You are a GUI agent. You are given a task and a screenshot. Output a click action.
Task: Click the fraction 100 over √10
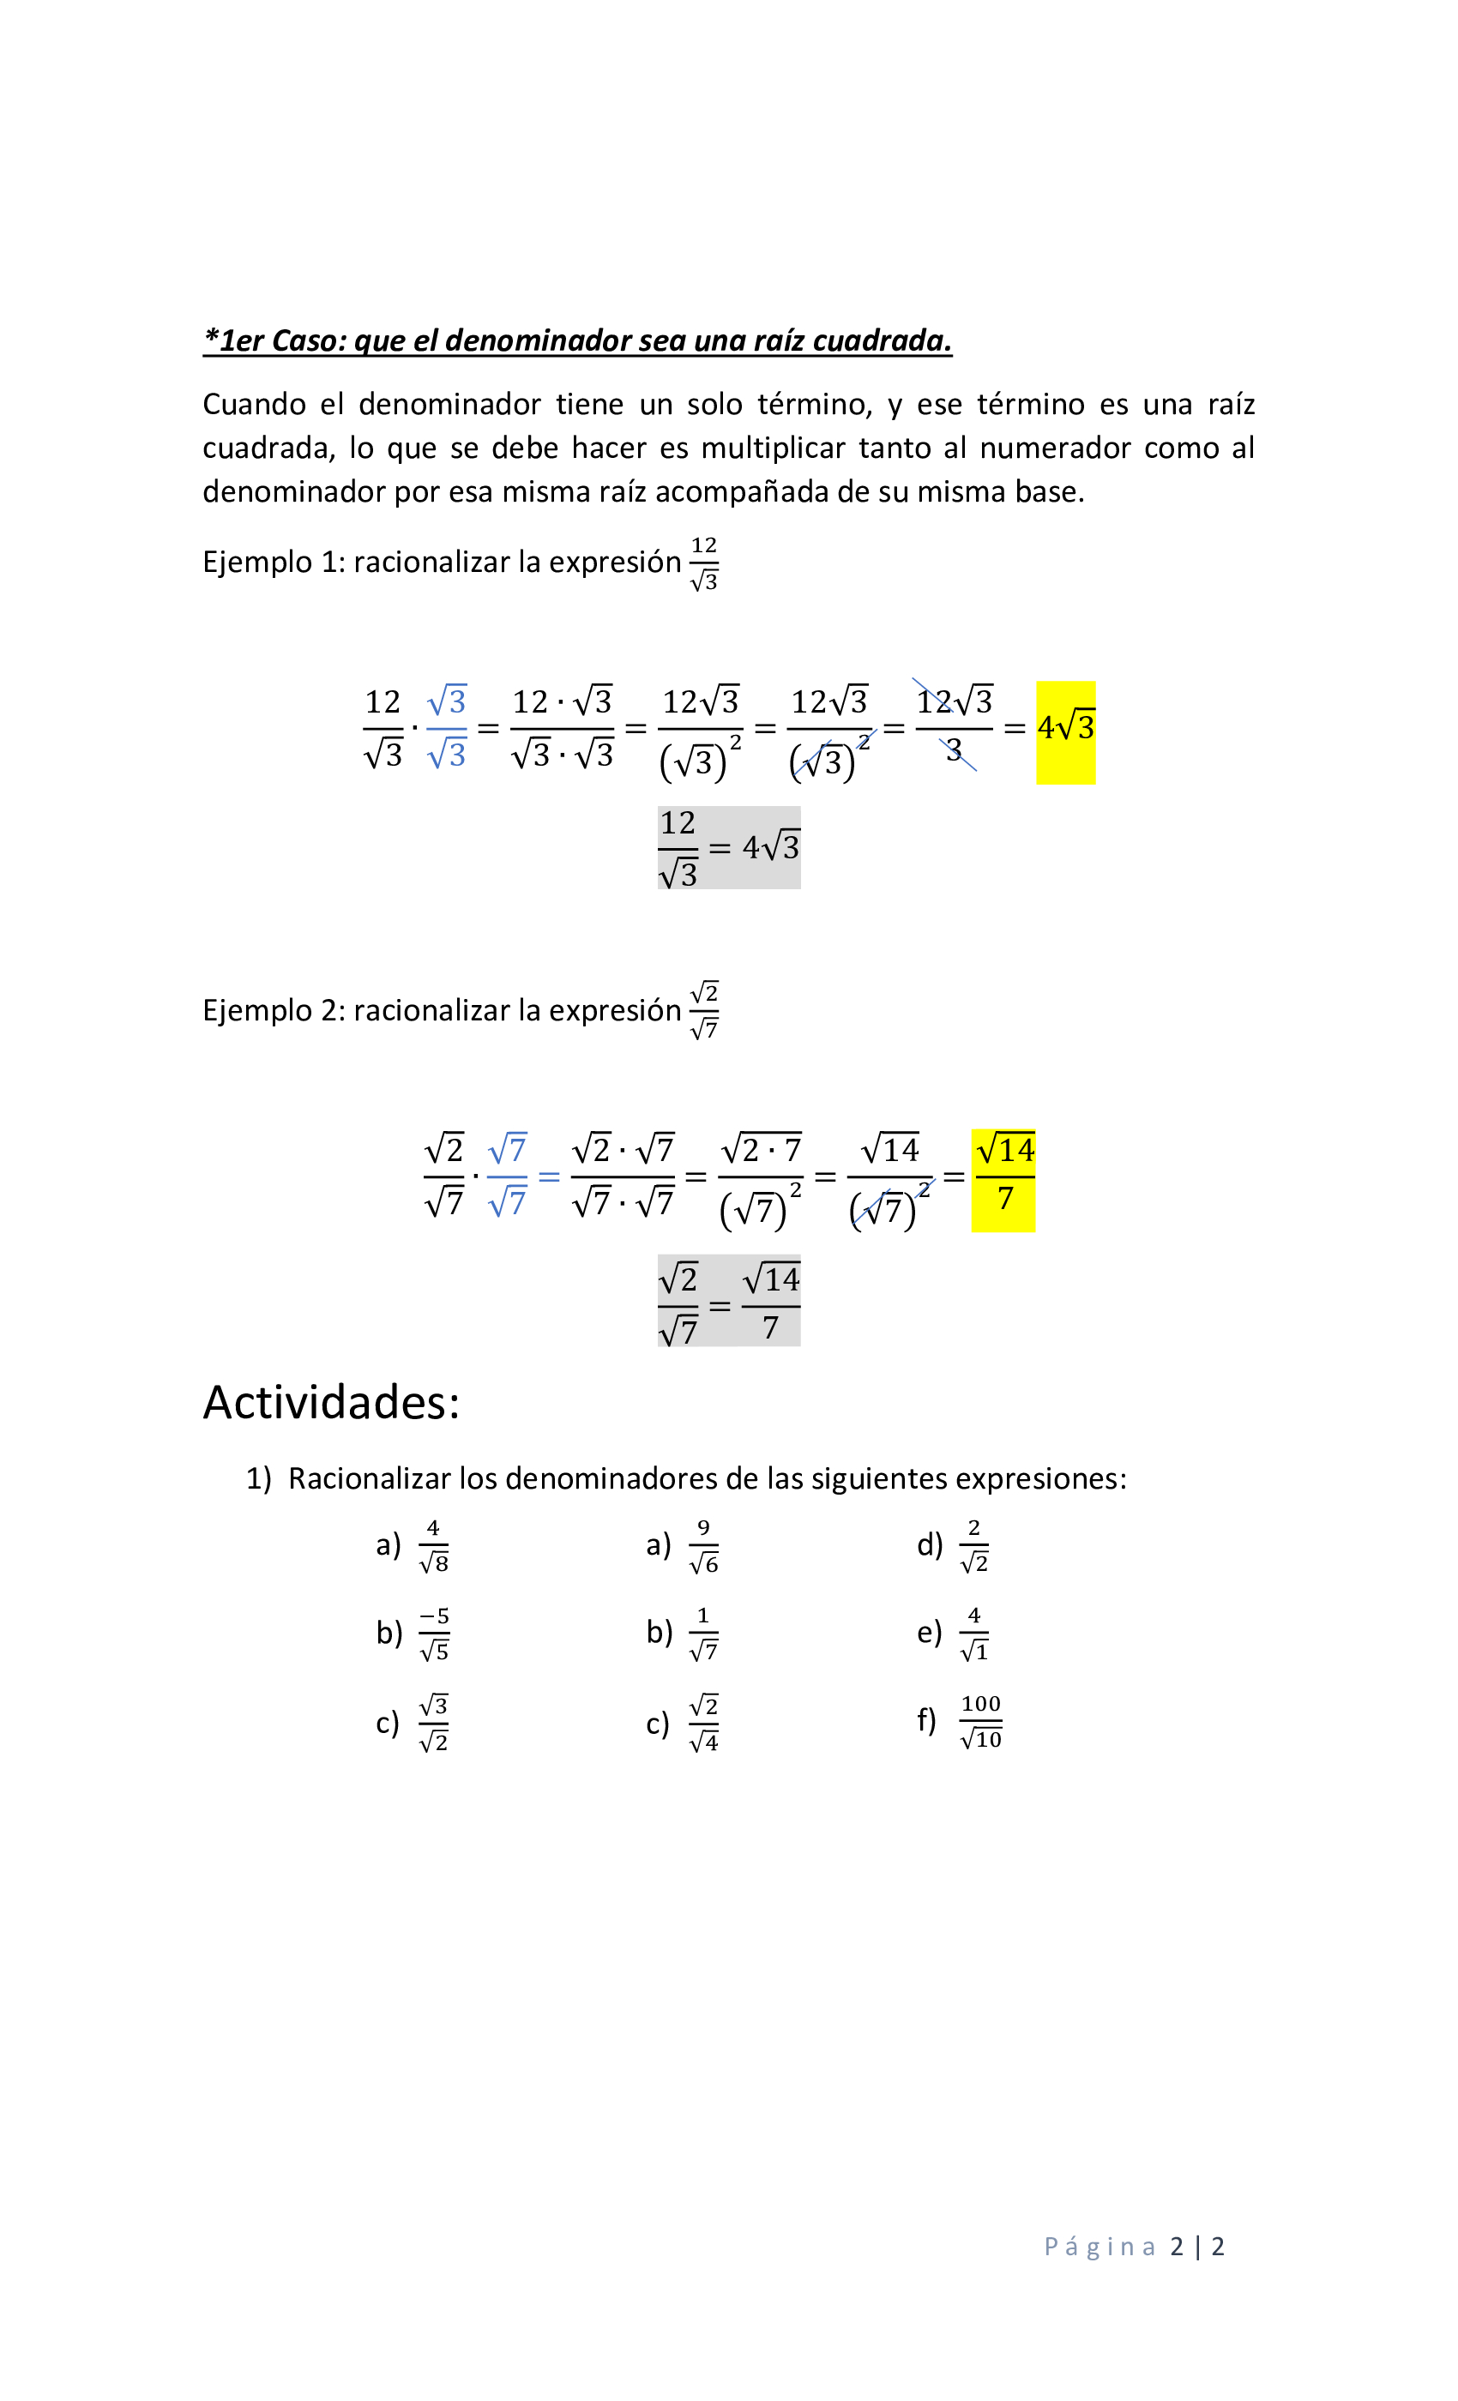[x=980, y=1722]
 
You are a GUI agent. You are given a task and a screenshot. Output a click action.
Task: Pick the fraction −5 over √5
[x=435, y=1634]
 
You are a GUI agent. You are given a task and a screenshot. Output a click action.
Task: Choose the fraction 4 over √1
[x=973, y=1634]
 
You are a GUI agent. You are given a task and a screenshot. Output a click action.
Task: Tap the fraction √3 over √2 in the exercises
[x=434, y=1723]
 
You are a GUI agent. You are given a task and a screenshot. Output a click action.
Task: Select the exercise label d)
[x=929, y=1544]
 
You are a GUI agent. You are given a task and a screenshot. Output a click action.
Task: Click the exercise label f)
[x=926, y=1720]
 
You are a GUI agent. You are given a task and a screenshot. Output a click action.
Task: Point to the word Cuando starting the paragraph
[x=253, y=405]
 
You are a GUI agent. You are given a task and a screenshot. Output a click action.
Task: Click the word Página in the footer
[x=1100, y=2247]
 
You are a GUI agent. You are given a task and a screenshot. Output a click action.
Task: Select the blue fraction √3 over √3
[x=446, y=728]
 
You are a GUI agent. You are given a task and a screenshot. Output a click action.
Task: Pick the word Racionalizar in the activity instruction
[x=369, y=1479]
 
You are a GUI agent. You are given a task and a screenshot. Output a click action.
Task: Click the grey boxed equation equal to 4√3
[x=729, y=848]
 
